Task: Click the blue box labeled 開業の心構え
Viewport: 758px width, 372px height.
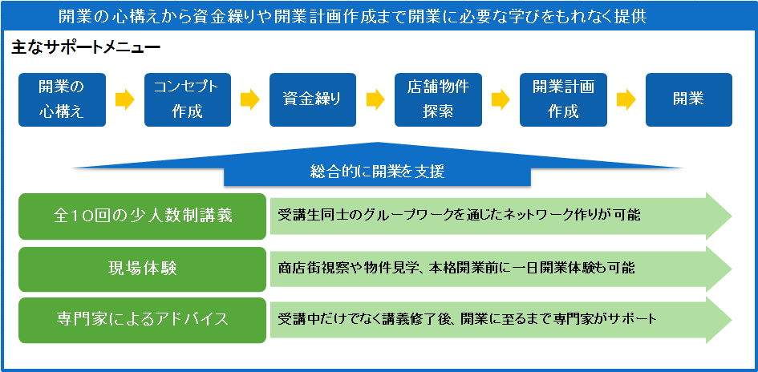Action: pos(62,99)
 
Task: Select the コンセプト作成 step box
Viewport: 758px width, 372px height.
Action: pos(188,99)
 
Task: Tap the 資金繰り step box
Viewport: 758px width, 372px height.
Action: pos(313,99)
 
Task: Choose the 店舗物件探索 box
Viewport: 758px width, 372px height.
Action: pos(438,99)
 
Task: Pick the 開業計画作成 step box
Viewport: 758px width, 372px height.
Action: pos(563,99)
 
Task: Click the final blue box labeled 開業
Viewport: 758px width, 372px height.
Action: pos(689,99)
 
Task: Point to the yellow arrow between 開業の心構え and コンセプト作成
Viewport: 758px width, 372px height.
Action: pos(124,99)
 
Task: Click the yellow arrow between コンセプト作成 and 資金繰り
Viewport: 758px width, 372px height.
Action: pos(250,99)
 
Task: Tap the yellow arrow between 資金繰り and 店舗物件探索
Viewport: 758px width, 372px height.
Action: pos(375,99)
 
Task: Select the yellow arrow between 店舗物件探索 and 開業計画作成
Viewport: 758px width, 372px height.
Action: pos(501,99)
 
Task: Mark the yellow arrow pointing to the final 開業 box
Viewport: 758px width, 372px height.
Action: pos(626,99)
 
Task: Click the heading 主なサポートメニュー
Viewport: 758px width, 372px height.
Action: pos(86,48)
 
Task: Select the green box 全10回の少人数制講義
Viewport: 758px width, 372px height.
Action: pos(142,216)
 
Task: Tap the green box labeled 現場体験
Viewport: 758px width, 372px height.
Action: pos(142,269)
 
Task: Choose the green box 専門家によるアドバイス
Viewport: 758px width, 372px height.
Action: pos(142,320)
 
